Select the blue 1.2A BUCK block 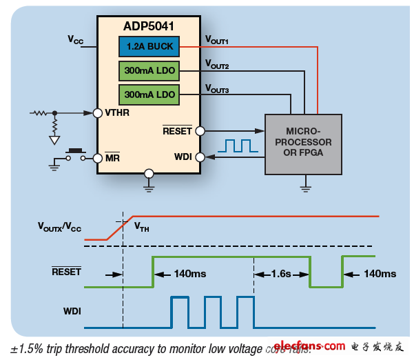pos(149,48)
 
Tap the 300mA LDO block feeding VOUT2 pos(149,70)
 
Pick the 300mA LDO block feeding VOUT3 pos(149,93)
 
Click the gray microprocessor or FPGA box pos(304,141)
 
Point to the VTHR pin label pos(117,112)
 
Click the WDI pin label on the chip pos(183,157)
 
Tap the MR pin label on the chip pos(112,158)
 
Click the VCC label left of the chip pos(76,40)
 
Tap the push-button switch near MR pos(73,153)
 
